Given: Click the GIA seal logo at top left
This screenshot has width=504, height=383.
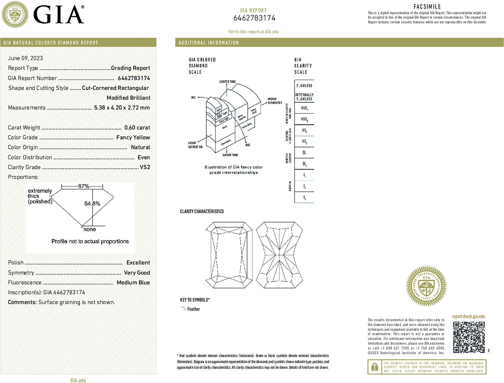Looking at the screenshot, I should (15, 15).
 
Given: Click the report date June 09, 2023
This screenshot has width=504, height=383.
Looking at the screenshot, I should (25, 58).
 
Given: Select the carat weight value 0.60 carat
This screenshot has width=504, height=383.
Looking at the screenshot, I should (137, 128).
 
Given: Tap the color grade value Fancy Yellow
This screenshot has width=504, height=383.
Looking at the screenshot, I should (133, 137).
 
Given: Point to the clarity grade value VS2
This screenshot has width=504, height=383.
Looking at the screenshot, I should (145, 167).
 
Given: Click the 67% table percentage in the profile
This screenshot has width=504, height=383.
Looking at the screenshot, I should (83, 186).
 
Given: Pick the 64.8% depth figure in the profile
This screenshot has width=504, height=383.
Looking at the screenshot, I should (92, 204).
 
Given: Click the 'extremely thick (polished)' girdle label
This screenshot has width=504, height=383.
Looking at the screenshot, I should (40, 196).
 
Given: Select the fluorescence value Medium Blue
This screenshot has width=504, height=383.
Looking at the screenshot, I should (133, 283).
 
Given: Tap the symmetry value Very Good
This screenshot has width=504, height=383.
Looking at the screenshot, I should (137, 273).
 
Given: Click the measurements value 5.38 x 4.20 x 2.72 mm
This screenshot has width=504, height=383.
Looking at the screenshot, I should (122, 108).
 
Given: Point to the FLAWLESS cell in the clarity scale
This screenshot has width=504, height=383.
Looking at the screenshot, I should (304, 86).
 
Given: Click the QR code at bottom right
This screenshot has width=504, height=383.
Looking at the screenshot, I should (468, 337).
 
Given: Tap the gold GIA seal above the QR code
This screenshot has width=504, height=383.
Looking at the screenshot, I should (426, 286).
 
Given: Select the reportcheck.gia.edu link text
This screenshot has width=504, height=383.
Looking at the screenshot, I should (468, 316).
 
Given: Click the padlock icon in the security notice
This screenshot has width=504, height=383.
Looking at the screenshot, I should (374, 367).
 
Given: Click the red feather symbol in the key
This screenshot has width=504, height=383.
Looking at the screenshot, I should (184, 309).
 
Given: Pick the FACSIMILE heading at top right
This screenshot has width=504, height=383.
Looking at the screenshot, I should (427, 7).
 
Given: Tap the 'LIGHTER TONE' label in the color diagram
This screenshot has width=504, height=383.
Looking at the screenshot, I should (227, 82).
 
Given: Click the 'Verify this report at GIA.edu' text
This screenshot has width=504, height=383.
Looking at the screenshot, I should (253, 32).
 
